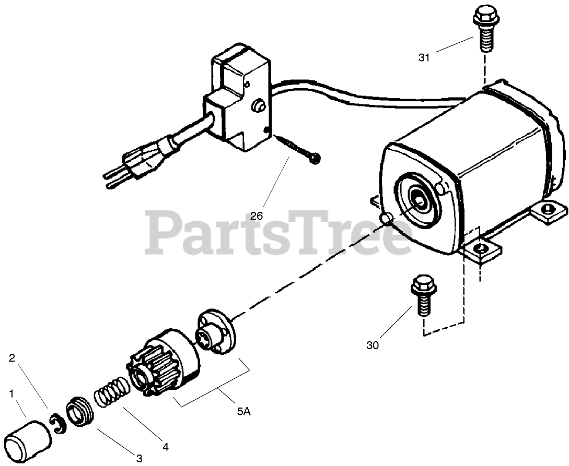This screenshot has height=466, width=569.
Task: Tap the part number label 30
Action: [373, 345]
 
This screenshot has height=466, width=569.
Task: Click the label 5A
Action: [243, 411]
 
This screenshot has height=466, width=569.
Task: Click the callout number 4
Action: [165, 447]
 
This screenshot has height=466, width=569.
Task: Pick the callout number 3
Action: [139, 458]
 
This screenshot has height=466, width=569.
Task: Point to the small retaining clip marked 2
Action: [59, 423]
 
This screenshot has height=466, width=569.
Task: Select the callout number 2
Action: [11, 357]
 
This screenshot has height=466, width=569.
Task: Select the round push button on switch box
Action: [257, 106]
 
